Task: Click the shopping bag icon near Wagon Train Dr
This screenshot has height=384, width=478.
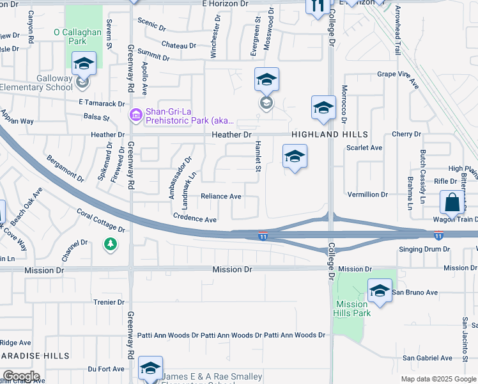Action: tap(452, 202)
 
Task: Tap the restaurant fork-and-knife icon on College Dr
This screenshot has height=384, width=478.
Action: tap(318, 6)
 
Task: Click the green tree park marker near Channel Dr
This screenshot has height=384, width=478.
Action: tap(111, 244)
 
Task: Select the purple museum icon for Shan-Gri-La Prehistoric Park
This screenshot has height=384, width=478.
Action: tap(135, 115)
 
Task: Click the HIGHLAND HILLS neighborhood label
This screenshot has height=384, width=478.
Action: tap(330, 134)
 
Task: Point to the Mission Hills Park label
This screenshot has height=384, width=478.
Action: tap(351, 309)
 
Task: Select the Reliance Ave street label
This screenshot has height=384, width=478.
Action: tap(221, 196)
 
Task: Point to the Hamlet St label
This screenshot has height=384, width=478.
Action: tap(259, 156)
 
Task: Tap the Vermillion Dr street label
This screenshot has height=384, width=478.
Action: tap(367, 194)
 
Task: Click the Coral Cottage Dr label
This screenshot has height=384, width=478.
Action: tap(101, 218)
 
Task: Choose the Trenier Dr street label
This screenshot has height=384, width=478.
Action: tap(108, 302)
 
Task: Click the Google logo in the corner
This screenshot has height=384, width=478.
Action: tap(20, 376)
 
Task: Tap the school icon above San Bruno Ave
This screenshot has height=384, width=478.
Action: tap(380, 291)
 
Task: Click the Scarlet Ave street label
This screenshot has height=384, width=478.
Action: tap(364, 148)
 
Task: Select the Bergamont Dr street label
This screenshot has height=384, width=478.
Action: tap(66, 167)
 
